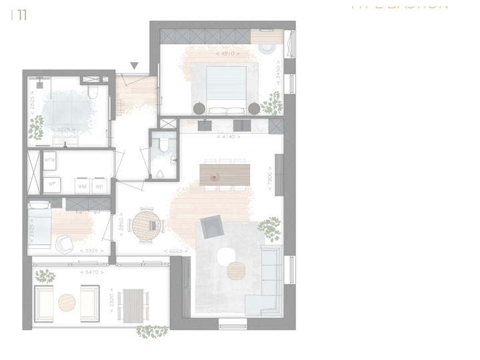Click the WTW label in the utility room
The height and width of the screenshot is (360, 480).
pyautogui.click(x=49, y=161)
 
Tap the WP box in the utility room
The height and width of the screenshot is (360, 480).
pyautogui.click(x=51, y=183)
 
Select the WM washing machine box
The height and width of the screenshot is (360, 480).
pyautogui.click(x=83, y=186)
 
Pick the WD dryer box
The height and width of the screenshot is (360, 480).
pyautogui.click(x=99, y=186)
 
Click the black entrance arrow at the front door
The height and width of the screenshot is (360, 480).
pyautogui.click(x=134, y=65)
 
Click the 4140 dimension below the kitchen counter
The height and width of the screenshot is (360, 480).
pyautogui.click(x=227, y=136)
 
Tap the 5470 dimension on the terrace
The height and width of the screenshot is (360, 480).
pyautogui.click(x=90, y=272)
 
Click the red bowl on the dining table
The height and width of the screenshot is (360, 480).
pyautogui.click(x=215, y=177)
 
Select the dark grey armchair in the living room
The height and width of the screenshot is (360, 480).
pyautogui.click(x=211, y=228)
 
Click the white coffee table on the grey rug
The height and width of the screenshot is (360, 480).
pyautogui.click(x=226, y=255)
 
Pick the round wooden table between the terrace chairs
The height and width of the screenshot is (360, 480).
pyautogui.click(x=67, y=302)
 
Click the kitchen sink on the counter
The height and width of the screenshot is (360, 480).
pyautogui.click(x=205, y=125)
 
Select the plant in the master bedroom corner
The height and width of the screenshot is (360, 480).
pyautogui.click(x=271, y=103)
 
